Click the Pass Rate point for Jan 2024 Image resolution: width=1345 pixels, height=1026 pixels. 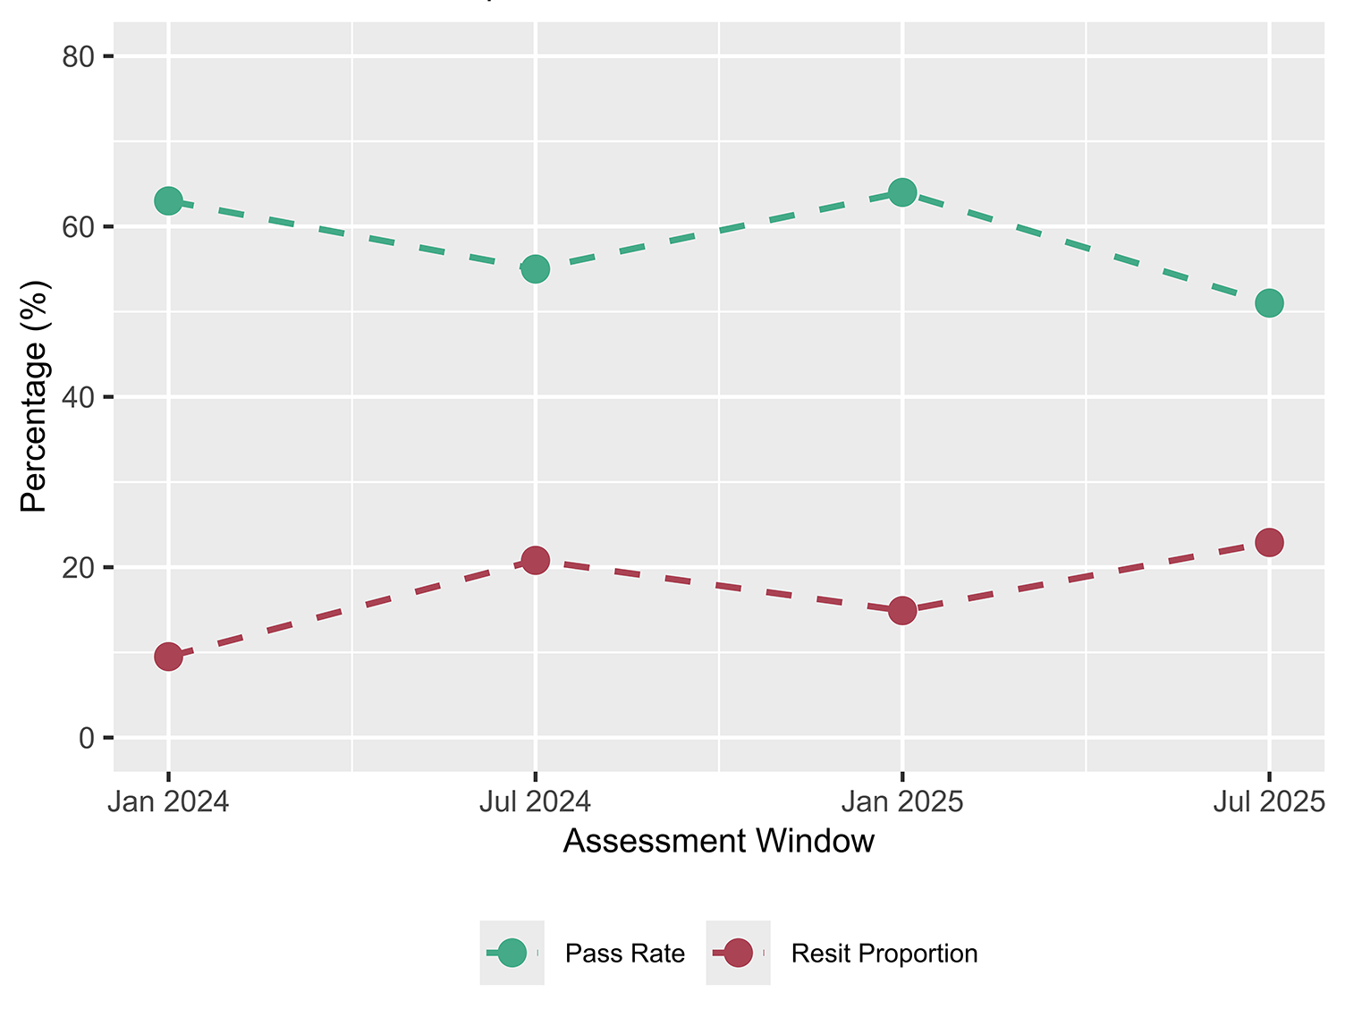pyautogui.click(x=168, y=200)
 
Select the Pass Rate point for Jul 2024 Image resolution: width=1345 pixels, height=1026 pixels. pyautogui.click(x=535, y=268)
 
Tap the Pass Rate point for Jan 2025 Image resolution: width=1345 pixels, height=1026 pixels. pyautogui.click(x=902, y=192)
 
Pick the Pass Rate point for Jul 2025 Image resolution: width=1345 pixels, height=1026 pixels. pyautogui.click(x=1269, y=303)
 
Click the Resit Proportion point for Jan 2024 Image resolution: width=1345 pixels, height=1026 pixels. pyautogui.click(x=168, y=657)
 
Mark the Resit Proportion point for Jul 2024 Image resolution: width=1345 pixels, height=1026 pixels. pyautogui.click(x=535, y=561)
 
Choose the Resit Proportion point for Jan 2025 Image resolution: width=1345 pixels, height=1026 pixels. pyautogui.click(x=902, y=611)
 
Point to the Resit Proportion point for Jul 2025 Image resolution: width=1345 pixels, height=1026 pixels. pyautogui.click(x=1269, y=542)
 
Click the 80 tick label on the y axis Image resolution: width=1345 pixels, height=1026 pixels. pyautogui.click(x=79, y=57)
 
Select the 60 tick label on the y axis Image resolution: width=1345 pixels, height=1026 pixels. pyautogui.click(x=79, y=227)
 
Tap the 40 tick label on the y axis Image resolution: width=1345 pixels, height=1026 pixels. pyautogui.click(x=79, y=397)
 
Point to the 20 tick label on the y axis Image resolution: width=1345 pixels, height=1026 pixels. pyautogui.click(x=79, y=568)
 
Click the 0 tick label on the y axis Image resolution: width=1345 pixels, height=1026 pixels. pyautogui.click(x=87, y=738)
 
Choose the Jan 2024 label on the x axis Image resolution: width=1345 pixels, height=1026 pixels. pyautogui.click(x=168, y=801)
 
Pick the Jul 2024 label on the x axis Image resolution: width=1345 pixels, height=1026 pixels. pyautogui.click(x=535, y=801)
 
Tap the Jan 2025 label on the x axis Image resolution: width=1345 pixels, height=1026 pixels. pyautogui.click(x=902, y=801)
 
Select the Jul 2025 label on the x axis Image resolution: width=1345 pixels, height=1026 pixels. pyautogui.click(x=1268, y=801)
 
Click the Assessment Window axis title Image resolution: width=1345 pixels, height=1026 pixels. pyautogui.click(x=718, y=842)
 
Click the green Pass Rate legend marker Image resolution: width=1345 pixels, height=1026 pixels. pyautogui.click(x=512, y=954)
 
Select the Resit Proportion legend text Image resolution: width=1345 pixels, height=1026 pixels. pyautogui.click(x=884, y=954)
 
